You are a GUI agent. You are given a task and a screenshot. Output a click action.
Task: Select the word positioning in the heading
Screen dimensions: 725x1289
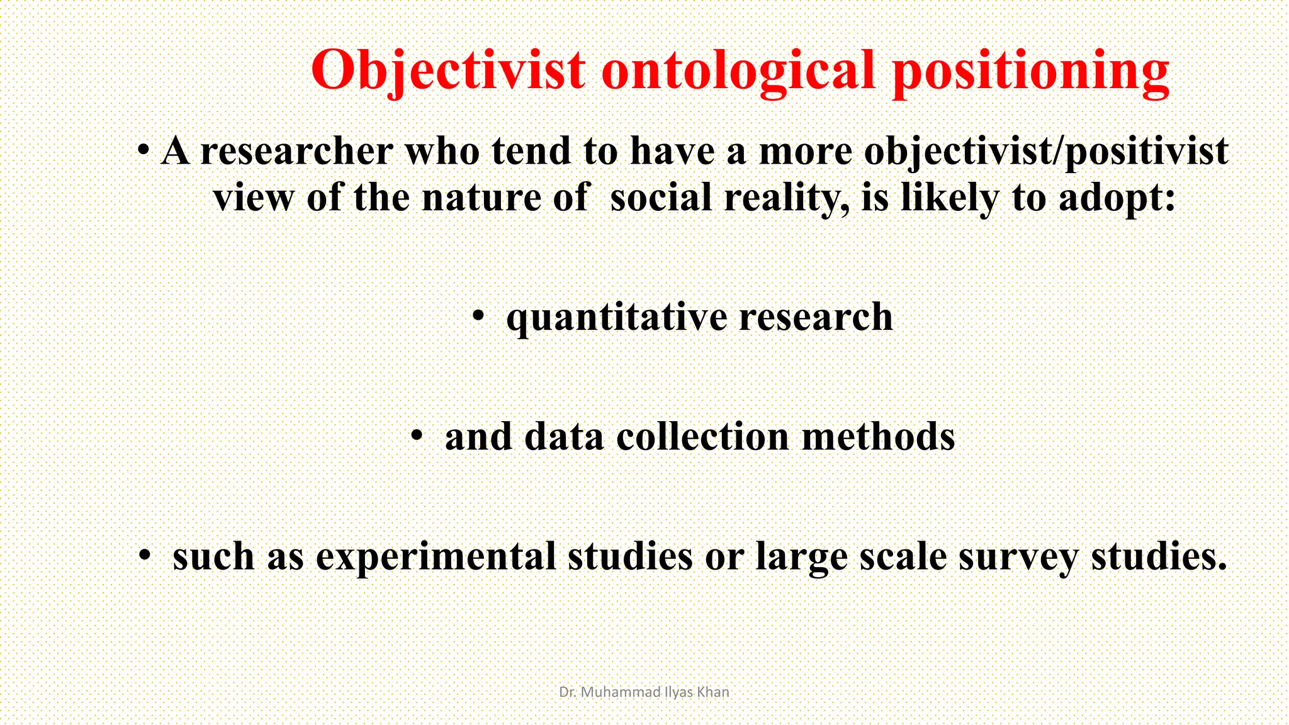pyautogui.click(x=1030, y=70)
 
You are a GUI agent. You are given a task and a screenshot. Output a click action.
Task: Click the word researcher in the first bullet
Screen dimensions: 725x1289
pyautogui.click(x=296, y=152)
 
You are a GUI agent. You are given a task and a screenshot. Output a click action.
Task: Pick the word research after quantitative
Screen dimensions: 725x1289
pyautogui.click(x=816, y=317)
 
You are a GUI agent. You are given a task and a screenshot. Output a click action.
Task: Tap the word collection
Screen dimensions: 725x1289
pyautogui.click(x=702, y=436)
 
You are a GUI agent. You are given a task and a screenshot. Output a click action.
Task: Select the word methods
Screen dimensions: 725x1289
pyautogui.click(x=878, y=436)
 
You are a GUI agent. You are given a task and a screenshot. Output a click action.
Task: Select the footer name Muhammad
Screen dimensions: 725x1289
pyautogui.click(x=620, y=692)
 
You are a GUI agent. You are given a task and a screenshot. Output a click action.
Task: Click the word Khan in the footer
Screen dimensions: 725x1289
pyautogui.click(x=713, y=692)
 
